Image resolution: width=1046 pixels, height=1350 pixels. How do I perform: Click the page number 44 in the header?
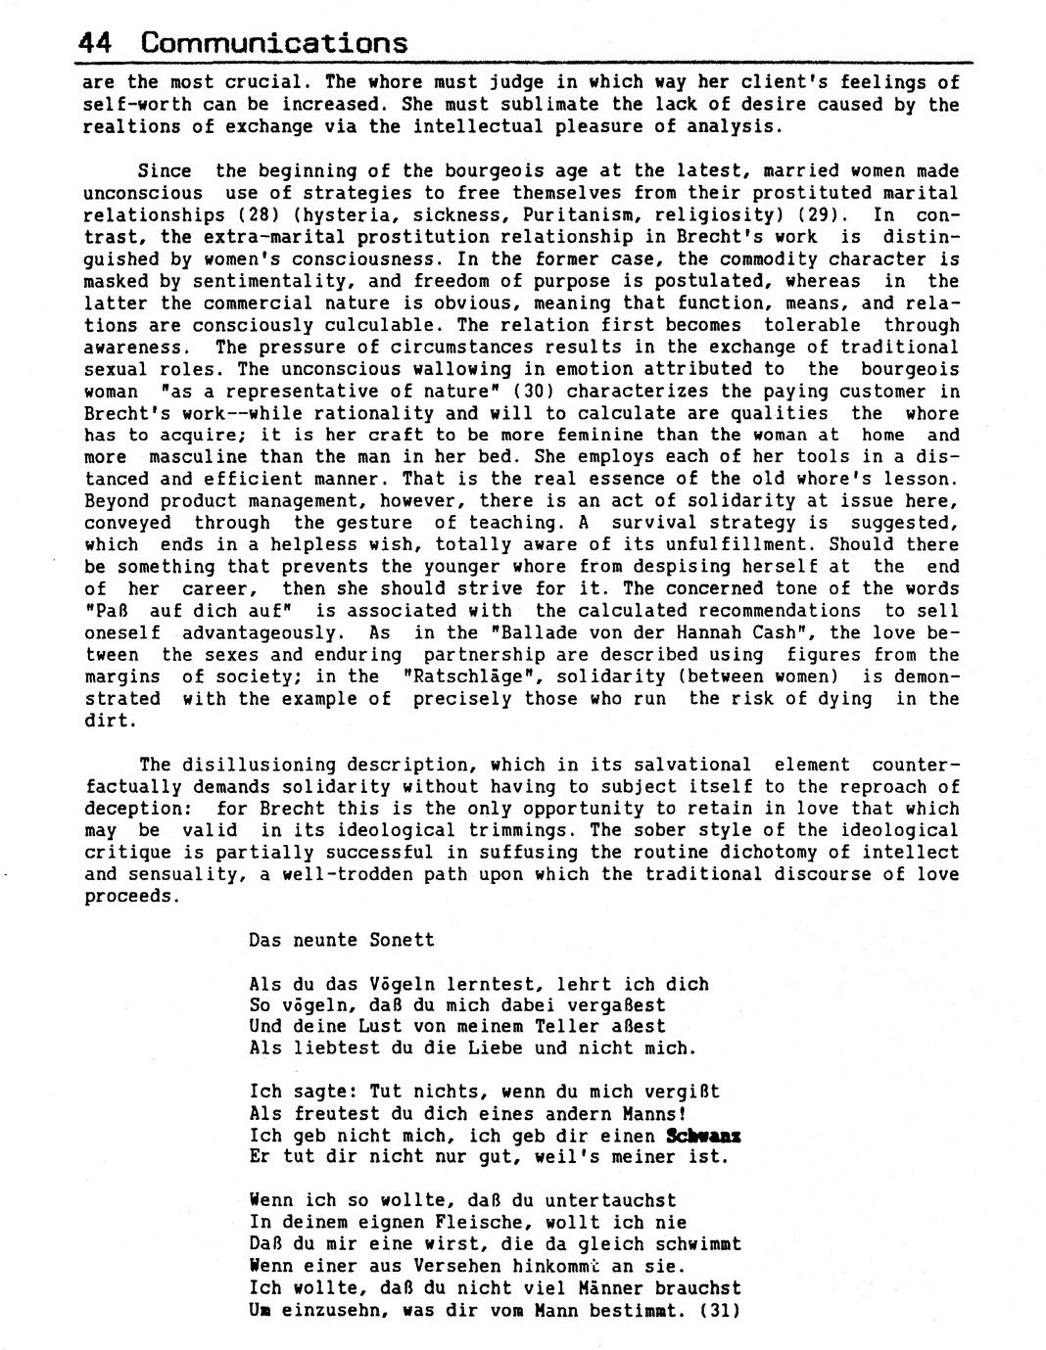[x=95, y=43]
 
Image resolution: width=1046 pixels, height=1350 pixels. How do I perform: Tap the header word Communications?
[x=274, y=43]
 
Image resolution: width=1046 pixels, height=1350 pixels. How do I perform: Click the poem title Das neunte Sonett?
[x=341, y=940]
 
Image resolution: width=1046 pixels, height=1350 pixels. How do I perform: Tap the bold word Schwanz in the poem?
[x=702, y=1136]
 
